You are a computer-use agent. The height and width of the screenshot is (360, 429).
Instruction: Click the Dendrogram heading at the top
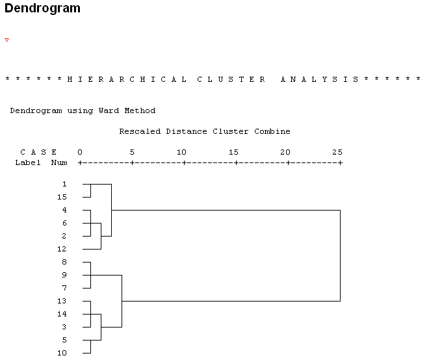[43, 8]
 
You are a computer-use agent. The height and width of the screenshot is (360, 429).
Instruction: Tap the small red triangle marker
[7, 40]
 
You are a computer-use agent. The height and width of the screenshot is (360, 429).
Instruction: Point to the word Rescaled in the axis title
[140, 131]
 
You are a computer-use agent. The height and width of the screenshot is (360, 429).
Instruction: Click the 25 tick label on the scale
[337, 152]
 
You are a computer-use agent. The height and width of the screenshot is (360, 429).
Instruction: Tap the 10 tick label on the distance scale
[181, 152]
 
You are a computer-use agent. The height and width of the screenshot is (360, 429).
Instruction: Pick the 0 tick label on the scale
[80, 152]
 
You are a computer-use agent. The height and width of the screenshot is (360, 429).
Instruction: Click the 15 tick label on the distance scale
[233, 152]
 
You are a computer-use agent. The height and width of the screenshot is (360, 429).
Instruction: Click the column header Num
[59, 162]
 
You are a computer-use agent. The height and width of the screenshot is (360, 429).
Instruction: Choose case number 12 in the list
[62, 249]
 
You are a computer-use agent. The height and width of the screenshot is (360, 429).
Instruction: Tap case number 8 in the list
[64, 262]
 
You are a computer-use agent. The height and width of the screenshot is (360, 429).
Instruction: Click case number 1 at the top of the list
[64, 184]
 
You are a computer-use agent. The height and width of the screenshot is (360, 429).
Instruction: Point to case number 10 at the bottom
[62, 353]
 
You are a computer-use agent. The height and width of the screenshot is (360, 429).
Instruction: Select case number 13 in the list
[62, 301]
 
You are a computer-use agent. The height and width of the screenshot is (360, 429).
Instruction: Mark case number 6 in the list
[64, 223]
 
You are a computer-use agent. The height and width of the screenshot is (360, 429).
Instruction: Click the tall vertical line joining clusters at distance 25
[340, 255]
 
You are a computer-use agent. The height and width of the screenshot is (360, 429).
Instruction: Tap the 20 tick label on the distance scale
[285, 152]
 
